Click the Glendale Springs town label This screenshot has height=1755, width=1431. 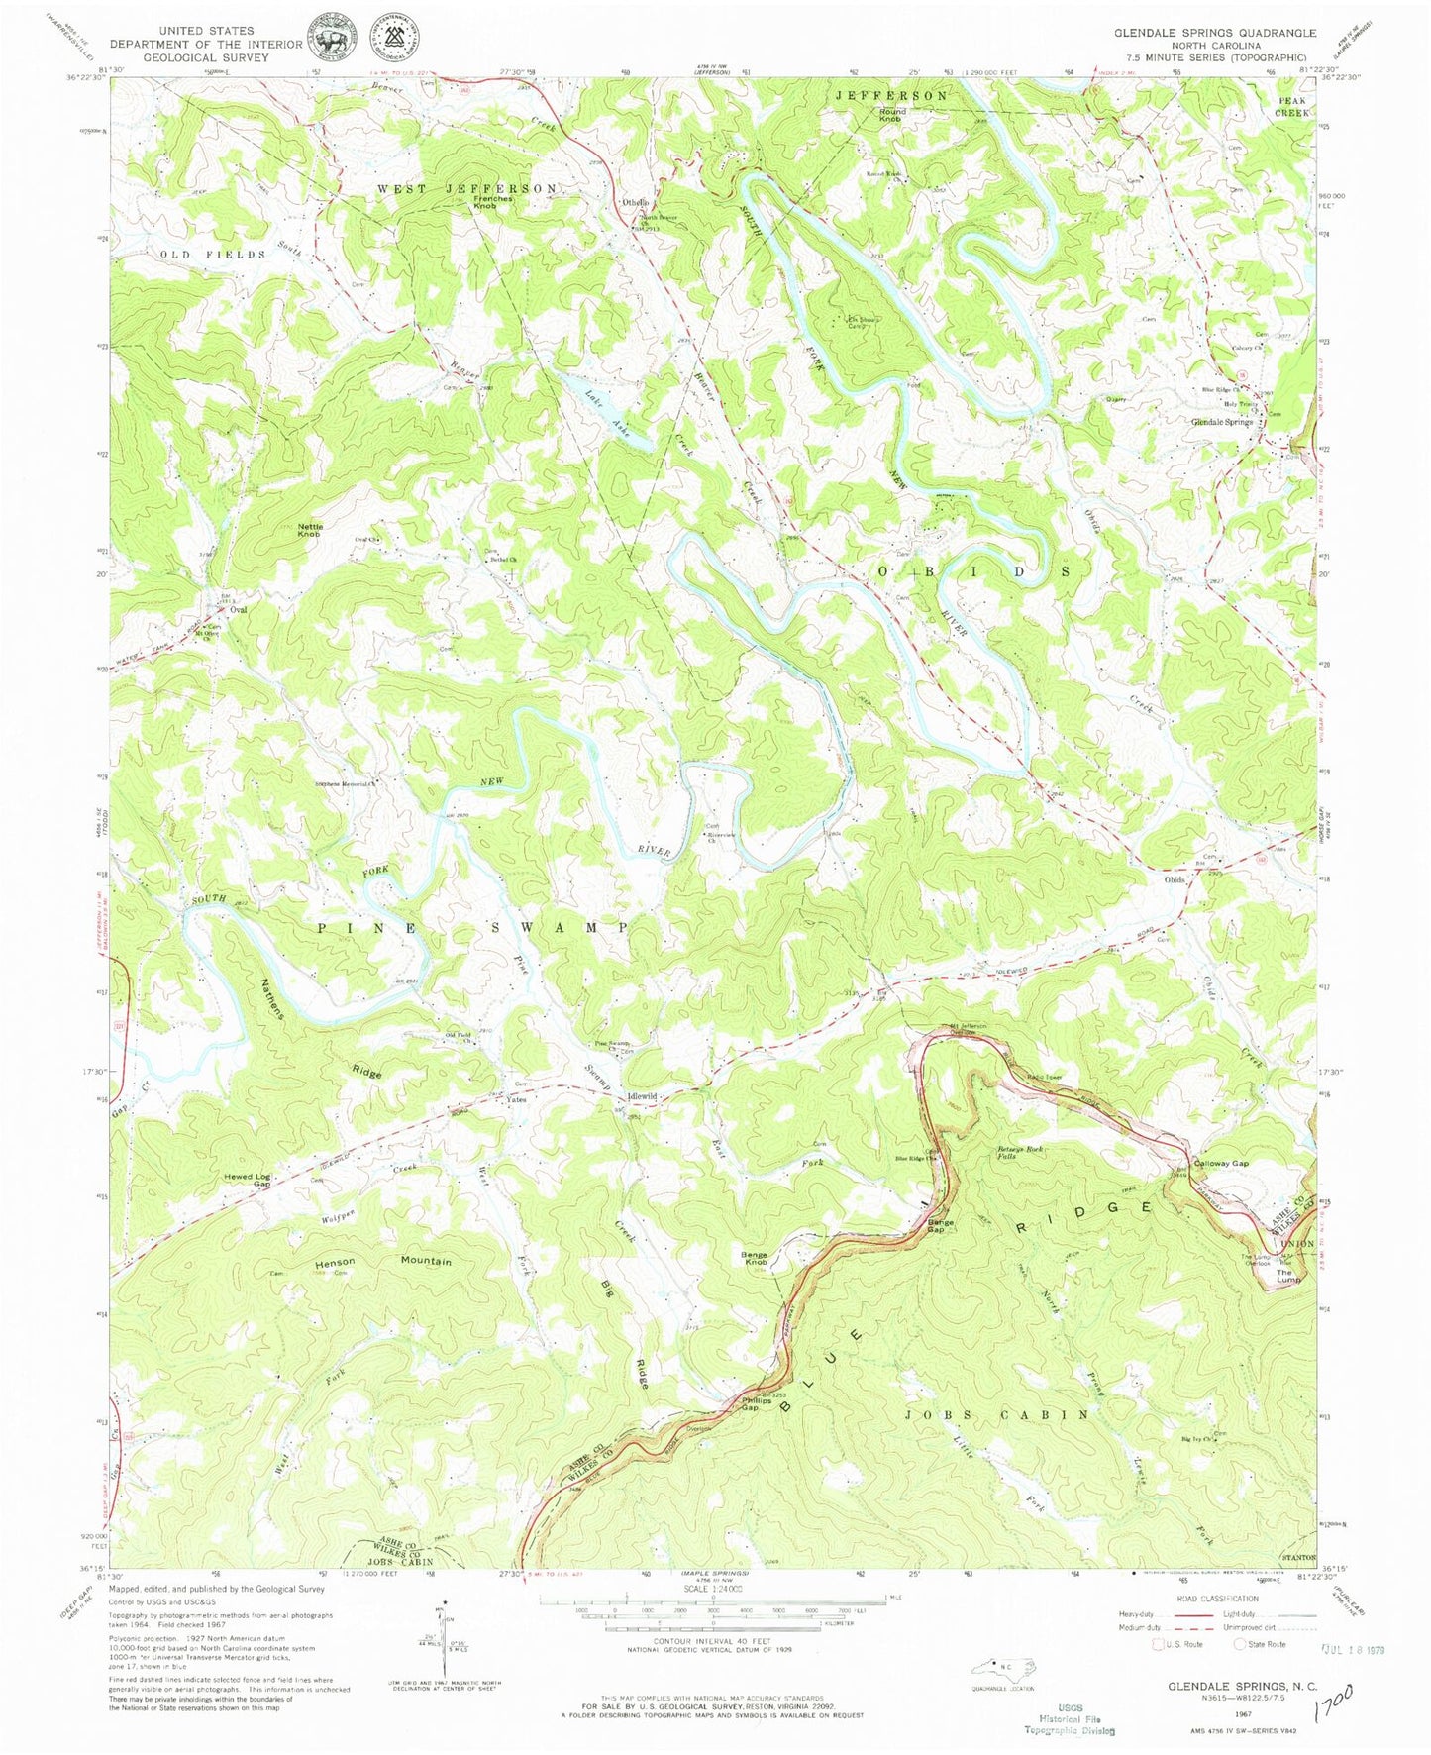coord(1222,422)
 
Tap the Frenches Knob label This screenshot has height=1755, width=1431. coord(484,202)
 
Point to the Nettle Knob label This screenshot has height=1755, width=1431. coord(309,530)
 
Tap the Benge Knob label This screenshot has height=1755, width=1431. coord(755,1259)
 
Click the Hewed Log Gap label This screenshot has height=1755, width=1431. coord(248,1180)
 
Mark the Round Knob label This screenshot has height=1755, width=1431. coord(892,115)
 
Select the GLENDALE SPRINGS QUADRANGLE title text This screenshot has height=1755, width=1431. coord(1215,32)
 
